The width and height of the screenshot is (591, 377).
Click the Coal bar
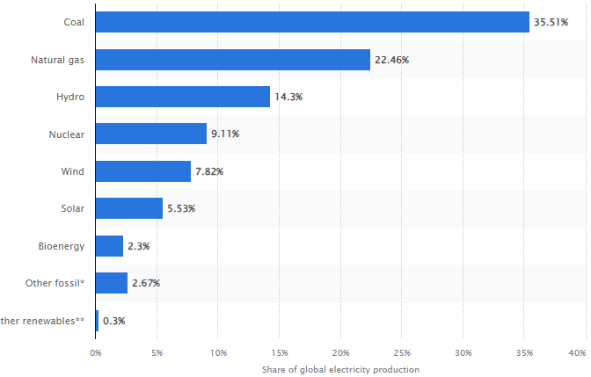coord(312,22)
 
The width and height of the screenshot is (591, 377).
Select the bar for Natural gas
coord(232,60)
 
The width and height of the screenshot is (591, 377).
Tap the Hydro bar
coord(182,97)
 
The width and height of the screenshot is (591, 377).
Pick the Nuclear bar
coord(150,134)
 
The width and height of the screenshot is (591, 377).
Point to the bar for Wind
coord(142,171)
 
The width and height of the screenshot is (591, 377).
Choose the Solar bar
coord(128,208)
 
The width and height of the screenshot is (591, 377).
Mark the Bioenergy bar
coord(109,246)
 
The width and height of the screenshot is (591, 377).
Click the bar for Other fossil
coord(111,283)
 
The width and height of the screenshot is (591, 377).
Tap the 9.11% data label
coord(225,134)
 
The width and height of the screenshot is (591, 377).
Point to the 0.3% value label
coord(114,321)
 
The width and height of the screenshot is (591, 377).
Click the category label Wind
coord(71,171)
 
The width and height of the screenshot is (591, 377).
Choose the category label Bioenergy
coord(62,246)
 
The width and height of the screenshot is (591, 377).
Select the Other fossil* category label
coord(55,283)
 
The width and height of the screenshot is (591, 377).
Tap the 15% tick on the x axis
coord(279,353)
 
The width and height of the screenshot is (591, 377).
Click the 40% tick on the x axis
coord(577,353)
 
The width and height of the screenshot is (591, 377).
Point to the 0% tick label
coord(96,353)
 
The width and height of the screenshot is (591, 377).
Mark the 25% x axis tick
coord(401,353)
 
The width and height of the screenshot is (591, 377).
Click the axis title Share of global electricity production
coord(340,369)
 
